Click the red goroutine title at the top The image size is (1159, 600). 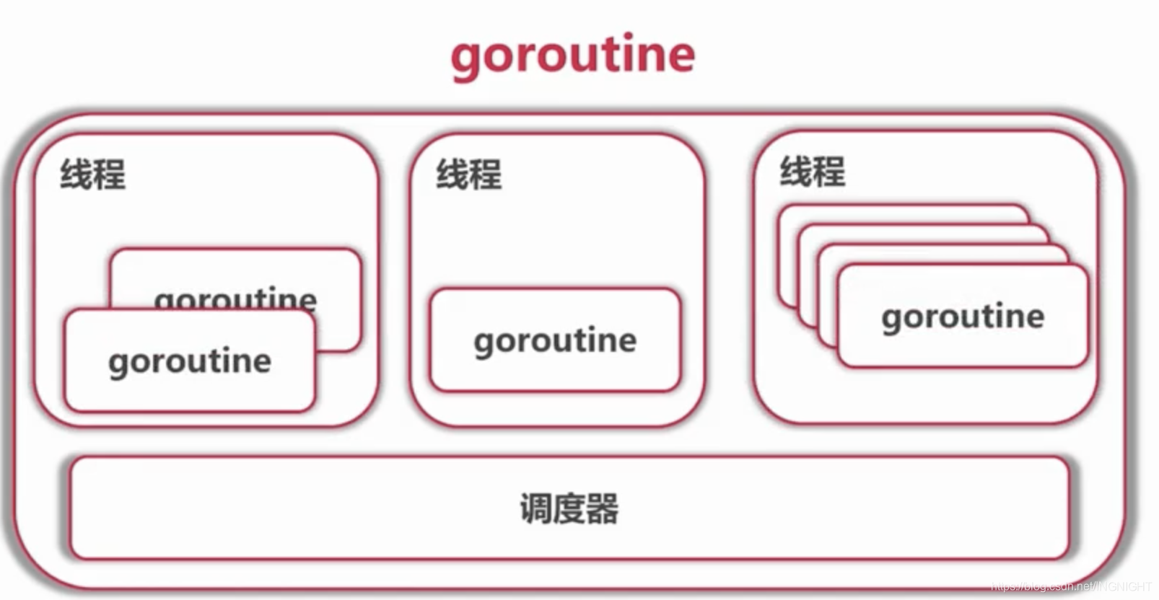[572, 55]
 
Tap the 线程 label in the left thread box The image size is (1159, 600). [92, 175]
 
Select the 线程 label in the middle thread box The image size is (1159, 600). [468, 175]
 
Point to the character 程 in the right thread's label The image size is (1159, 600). [829, 172]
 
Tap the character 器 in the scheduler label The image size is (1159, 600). [603, 508]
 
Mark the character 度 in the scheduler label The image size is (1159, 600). [569, 508]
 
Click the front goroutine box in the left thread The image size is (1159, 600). [189, 361]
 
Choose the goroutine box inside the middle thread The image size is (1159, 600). [555, 340]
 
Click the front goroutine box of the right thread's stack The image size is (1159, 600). [963, 316]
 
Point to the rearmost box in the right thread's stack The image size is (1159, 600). [902, 213]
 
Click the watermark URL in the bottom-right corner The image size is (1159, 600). [1071, 587]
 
